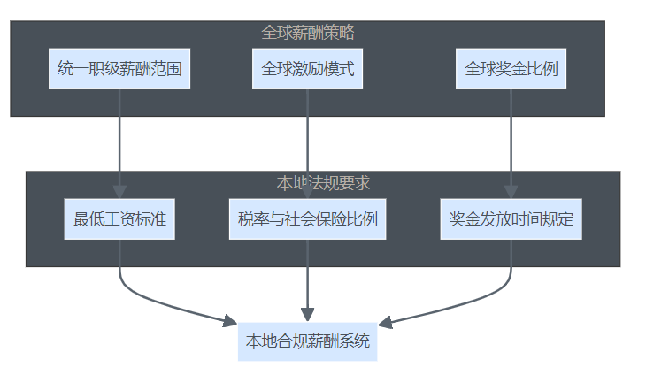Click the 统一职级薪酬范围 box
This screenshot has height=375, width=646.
pos(119,69)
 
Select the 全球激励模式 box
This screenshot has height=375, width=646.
pos(307,69)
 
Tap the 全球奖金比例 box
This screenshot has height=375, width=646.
pos(511,69)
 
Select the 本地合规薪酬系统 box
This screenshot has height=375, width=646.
pos(307,341)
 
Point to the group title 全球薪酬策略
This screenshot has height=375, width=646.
pos(307,33)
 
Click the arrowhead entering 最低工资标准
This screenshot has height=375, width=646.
pos(119,192)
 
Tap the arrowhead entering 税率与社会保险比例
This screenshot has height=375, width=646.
pos(307,192)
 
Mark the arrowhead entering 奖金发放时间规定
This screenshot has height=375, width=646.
pos(511,192)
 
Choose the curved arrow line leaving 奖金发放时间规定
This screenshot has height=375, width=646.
pos(478,299)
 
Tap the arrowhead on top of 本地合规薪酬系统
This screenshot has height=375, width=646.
pos(307,315)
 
